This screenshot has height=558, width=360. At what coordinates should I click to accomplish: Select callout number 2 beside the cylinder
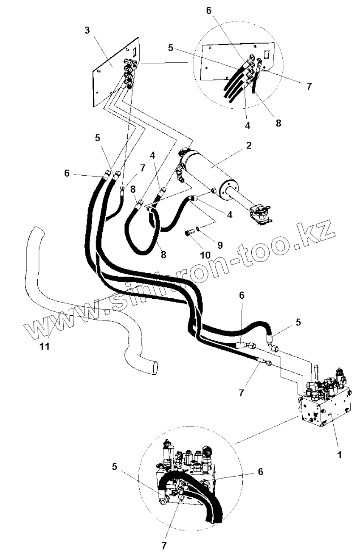point(248,145)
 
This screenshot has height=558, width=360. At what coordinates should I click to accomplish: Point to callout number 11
point(45,346)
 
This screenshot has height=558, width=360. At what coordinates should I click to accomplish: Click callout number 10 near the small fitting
point(205,255)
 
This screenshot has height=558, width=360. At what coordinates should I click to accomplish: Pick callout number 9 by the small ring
point(219,245)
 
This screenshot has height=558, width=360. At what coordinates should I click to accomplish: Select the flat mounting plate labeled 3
point(106,72)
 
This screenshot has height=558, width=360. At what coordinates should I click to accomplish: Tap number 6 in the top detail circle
point(208,11)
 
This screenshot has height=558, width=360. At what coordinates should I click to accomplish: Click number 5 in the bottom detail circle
point(114,466)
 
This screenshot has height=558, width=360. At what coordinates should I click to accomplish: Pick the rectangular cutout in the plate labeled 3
point(133,53)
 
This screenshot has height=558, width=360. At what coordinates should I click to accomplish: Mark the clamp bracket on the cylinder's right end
point(260,212)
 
